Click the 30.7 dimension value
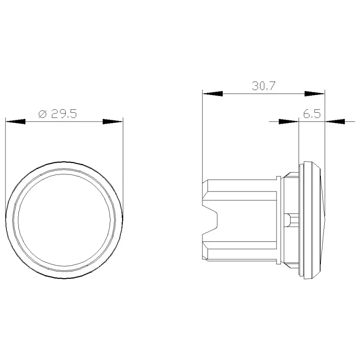(263, 86)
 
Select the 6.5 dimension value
(312, 114)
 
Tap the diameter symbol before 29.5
(42, 114)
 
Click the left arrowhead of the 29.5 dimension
(15, 122)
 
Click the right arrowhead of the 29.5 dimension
(113, 122)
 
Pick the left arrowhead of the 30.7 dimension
(213, 94)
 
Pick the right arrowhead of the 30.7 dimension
(315, 94)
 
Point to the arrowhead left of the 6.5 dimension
(288, 122)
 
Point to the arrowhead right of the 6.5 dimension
(335, 122)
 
